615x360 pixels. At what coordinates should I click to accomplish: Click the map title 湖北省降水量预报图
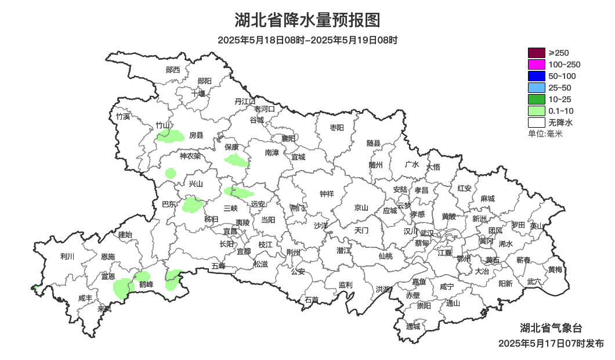307,20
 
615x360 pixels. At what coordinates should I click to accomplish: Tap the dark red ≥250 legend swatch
536,53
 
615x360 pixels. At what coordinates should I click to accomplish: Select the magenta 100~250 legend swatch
536,64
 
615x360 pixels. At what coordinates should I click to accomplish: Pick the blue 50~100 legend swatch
536,76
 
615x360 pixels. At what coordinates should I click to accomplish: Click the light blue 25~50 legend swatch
536,88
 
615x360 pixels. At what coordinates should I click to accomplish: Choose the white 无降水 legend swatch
536,123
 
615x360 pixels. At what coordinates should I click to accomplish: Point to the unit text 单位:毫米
545,134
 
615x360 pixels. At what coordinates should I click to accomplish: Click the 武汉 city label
426,233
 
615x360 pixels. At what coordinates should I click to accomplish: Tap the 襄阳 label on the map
288,138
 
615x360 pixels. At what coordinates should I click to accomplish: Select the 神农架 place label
190,156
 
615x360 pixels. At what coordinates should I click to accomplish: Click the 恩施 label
108,257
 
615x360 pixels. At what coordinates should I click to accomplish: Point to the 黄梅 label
555,269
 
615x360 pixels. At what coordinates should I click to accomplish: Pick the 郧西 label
173,70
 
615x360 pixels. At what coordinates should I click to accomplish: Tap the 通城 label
413,326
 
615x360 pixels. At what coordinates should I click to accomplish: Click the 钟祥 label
327,194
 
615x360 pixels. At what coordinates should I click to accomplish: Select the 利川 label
67,256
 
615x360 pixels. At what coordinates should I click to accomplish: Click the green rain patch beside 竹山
170,136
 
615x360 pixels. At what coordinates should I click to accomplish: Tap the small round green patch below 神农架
171,172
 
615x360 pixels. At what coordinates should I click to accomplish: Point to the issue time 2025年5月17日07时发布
550,343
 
